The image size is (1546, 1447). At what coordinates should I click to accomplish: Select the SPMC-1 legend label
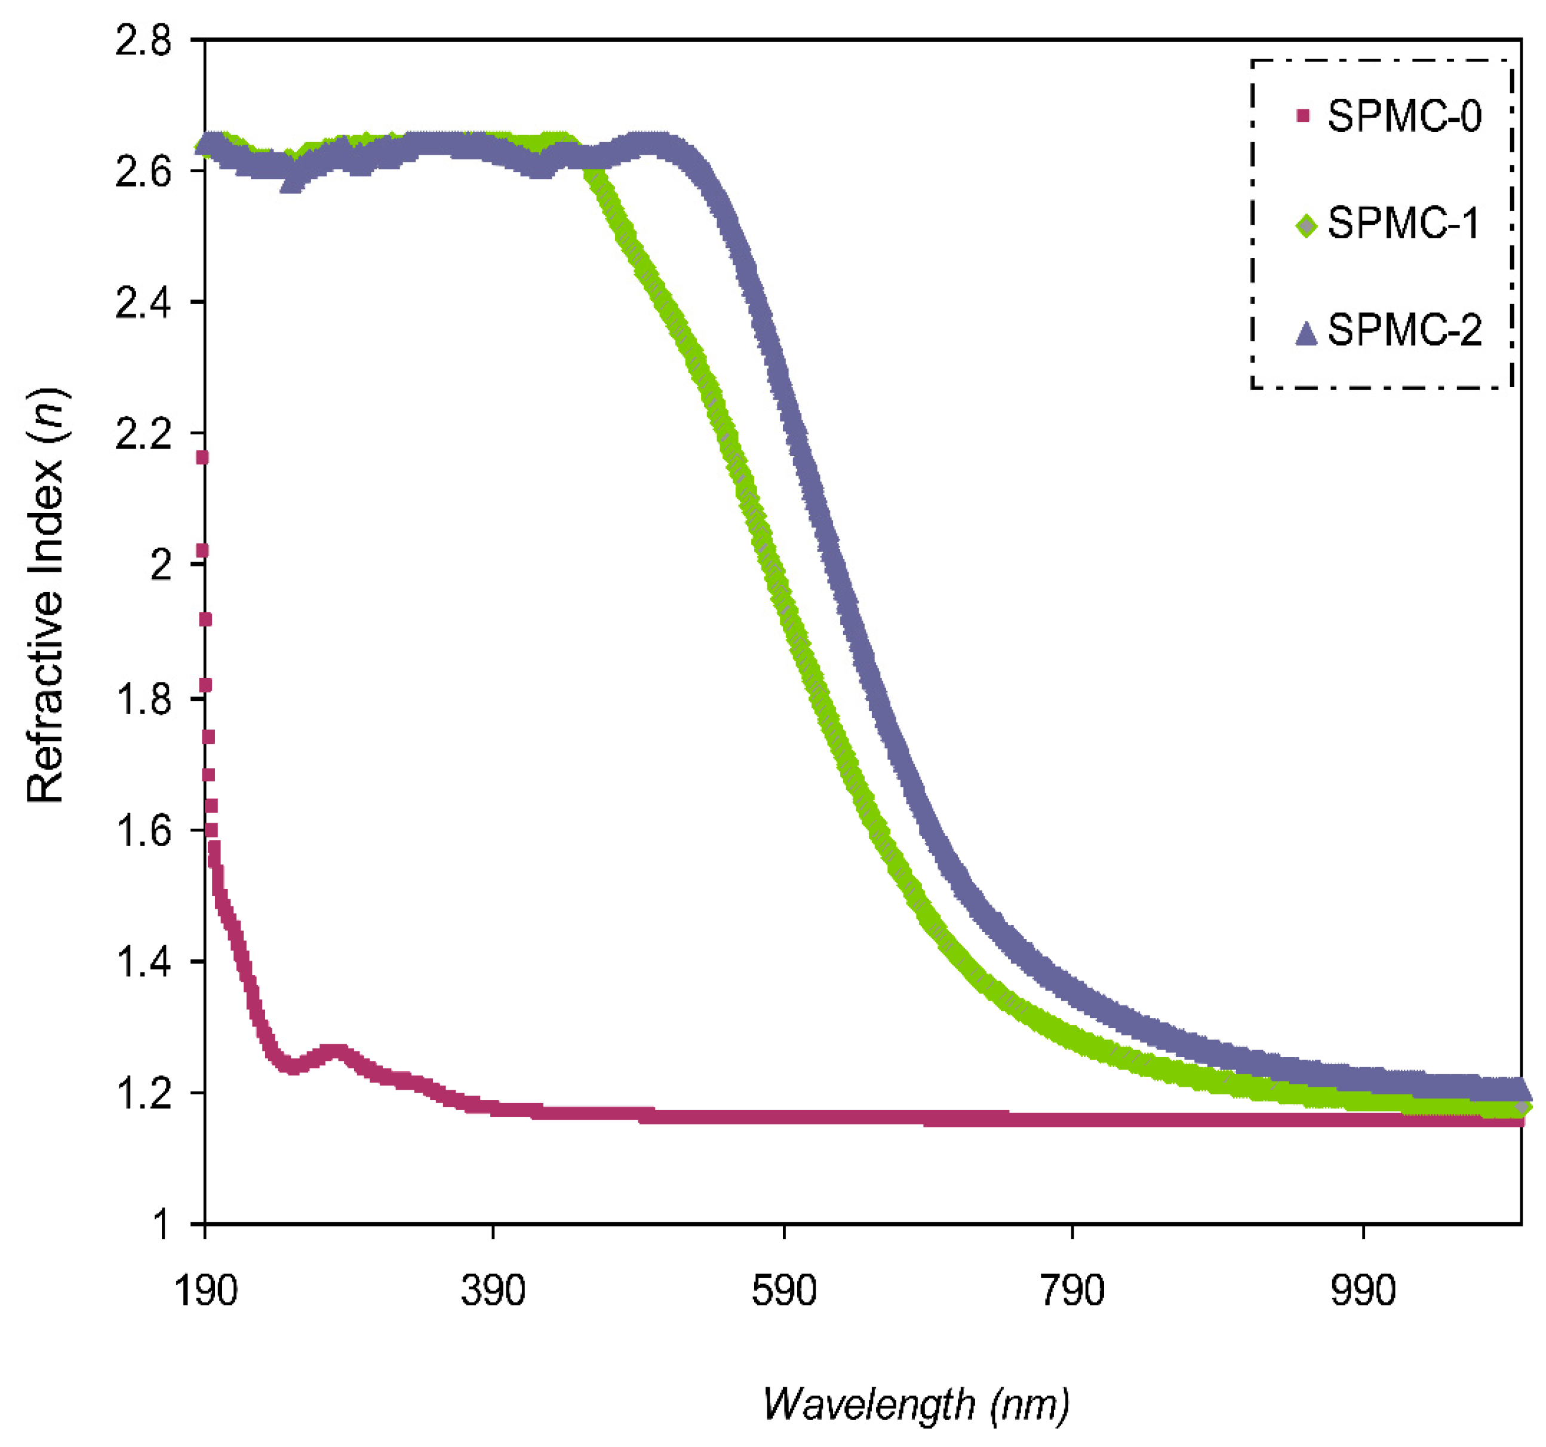click(x=1404, y=224)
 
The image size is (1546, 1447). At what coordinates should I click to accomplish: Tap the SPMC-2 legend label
click(x=1404, y=330)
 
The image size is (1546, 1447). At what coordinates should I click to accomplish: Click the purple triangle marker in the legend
click(x=1306, y=334)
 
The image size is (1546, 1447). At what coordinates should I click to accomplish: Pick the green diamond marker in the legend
click(x=1307, y=226)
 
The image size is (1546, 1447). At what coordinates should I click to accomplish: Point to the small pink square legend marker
click(x=1304, y=117)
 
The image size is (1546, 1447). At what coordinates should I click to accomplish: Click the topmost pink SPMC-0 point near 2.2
click(x=202, y=458)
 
